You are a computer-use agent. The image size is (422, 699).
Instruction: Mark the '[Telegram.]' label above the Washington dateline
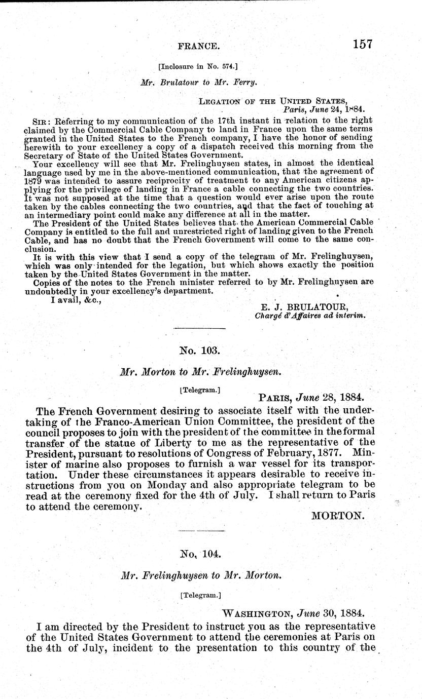coord(200,596)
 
